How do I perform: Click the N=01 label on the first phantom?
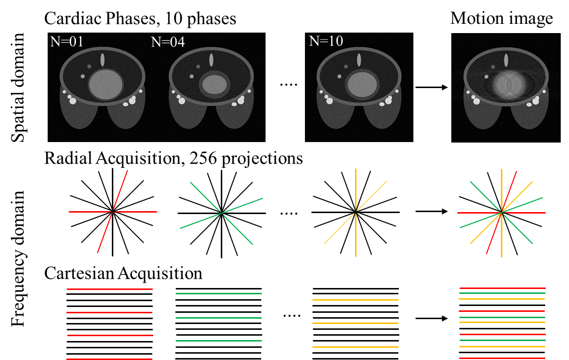click(x=67, y=42)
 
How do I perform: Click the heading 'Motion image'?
click(x=501, y=18)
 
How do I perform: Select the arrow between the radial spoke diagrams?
click(x=431, y=212)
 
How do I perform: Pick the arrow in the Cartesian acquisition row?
click(x=431, y=319)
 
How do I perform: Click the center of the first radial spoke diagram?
click(x=112, y=212)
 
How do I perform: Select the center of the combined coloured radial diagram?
click(x=501, y=212)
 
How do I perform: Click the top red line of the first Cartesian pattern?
click(x=110, y=289)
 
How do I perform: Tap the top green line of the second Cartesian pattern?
click(x=218, y=294)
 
